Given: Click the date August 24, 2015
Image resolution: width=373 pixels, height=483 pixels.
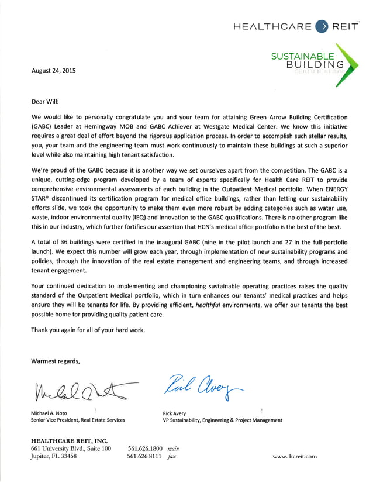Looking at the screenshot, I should (x=53, y=71).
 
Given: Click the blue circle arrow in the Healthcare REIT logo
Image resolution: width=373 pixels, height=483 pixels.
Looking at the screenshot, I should (x=322, y=26).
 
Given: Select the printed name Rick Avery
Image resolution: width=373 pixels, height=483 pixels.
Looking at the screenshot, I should (x=175, y=413).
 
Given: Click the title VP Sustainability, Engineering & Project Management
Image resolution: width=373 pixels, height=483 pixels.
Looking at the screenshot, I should (x=222, y=420).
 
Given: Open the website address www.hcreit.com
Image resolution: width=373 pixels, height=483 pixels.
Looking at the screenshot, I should (x=295, y=457).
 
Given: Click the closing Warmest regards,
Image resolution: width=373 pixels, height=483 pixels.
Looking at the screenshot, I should (x=56, y=361).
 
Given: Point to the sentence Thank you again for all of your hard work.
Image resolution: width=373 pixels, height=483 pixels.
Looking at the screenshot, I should (x=88, y=330).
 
